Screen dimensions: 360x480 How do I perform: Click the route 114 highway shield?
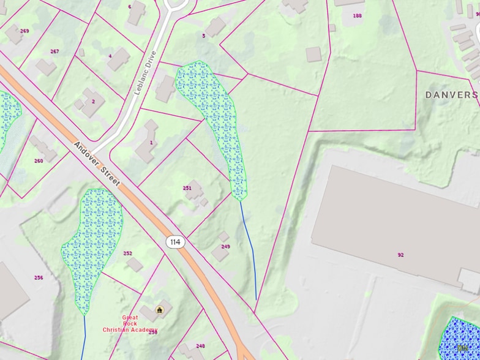(x=175, y=242)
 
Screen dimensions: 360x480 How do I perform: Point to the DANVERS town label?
(x=451, y=95)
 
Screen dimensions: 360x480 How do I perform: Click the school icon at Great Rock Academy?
(x=160, y=310)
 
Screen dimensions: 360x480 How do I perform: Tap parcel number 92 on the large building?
(x=400, y=255)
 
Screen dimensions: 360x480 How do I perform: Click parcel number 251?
(x=187, y=189)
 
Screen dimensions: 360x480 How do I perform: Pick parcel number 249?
(x=225, y=246)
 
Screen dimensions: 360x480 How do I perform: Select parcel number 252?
(x=127, y=253)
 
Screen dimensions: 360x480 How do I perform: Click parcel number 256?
(x=39, y=277)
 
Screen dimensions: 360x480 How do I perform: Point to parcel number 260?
(x=39, y=161)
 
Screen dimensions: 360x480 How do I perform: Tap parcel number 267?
(x=54, y=51)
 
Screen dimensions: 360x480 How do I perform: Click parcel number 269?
(x=24, y=31)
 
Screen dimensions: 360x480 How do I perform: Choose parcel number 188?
(x=358, y=15)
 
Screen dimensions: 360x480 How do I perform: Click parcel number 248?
(x=200, y=346)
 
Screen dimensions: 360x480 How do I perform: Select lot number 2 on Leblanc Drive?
(x=93, y=101)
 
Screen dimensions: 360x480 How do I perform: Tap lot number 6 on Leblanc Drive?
(x=129, y=7)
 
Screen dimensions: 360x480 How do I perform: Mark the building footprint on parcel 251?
(x=195, y=187)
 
